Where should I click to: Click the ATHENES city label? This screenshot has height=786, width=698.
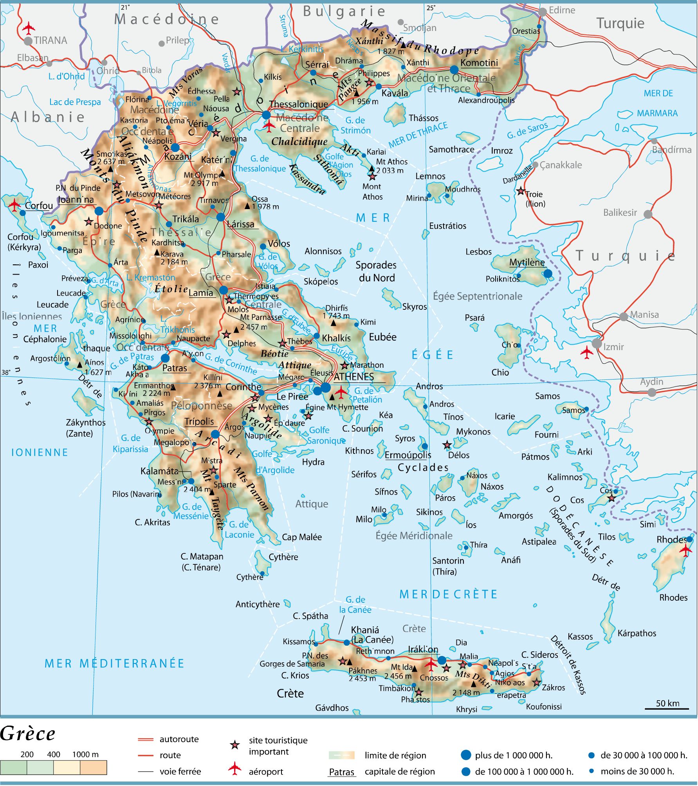354,377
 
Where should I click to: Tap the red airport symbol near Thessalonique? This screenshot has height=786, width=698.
269,125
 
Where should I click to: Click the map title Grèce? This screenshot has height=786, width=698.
28,734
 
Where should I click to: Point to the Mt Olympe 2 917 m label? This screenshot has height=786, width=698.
204,179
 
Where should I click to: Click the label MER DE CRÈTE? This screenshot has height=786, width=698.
448,594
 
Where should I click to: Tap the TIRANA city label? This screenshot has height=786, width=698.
50,40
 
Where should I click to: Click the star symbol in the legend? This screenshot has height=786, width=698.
234,745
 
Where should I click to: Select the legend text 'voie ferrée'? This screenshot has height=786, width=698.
180,772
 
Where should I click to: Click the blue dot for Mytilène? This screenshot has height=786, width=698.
548,273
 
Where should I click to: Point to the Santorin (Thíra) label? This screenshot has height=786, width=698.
448,566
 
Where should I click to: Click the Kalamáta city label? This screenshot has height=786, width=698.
159,471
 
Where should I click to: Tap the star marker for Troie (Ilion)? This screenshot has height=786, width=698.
521,192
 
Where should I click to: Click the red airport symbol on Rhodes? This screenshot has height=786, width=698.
686,550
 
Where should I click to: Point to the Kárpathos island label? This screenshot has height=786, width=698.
637,633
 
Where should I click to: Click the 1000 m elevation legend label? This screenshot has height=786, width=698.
85,754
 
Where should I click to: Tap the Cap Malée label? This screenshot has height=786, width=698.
302,537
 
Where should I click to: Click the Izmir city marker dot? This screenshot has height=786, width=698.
597,343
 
